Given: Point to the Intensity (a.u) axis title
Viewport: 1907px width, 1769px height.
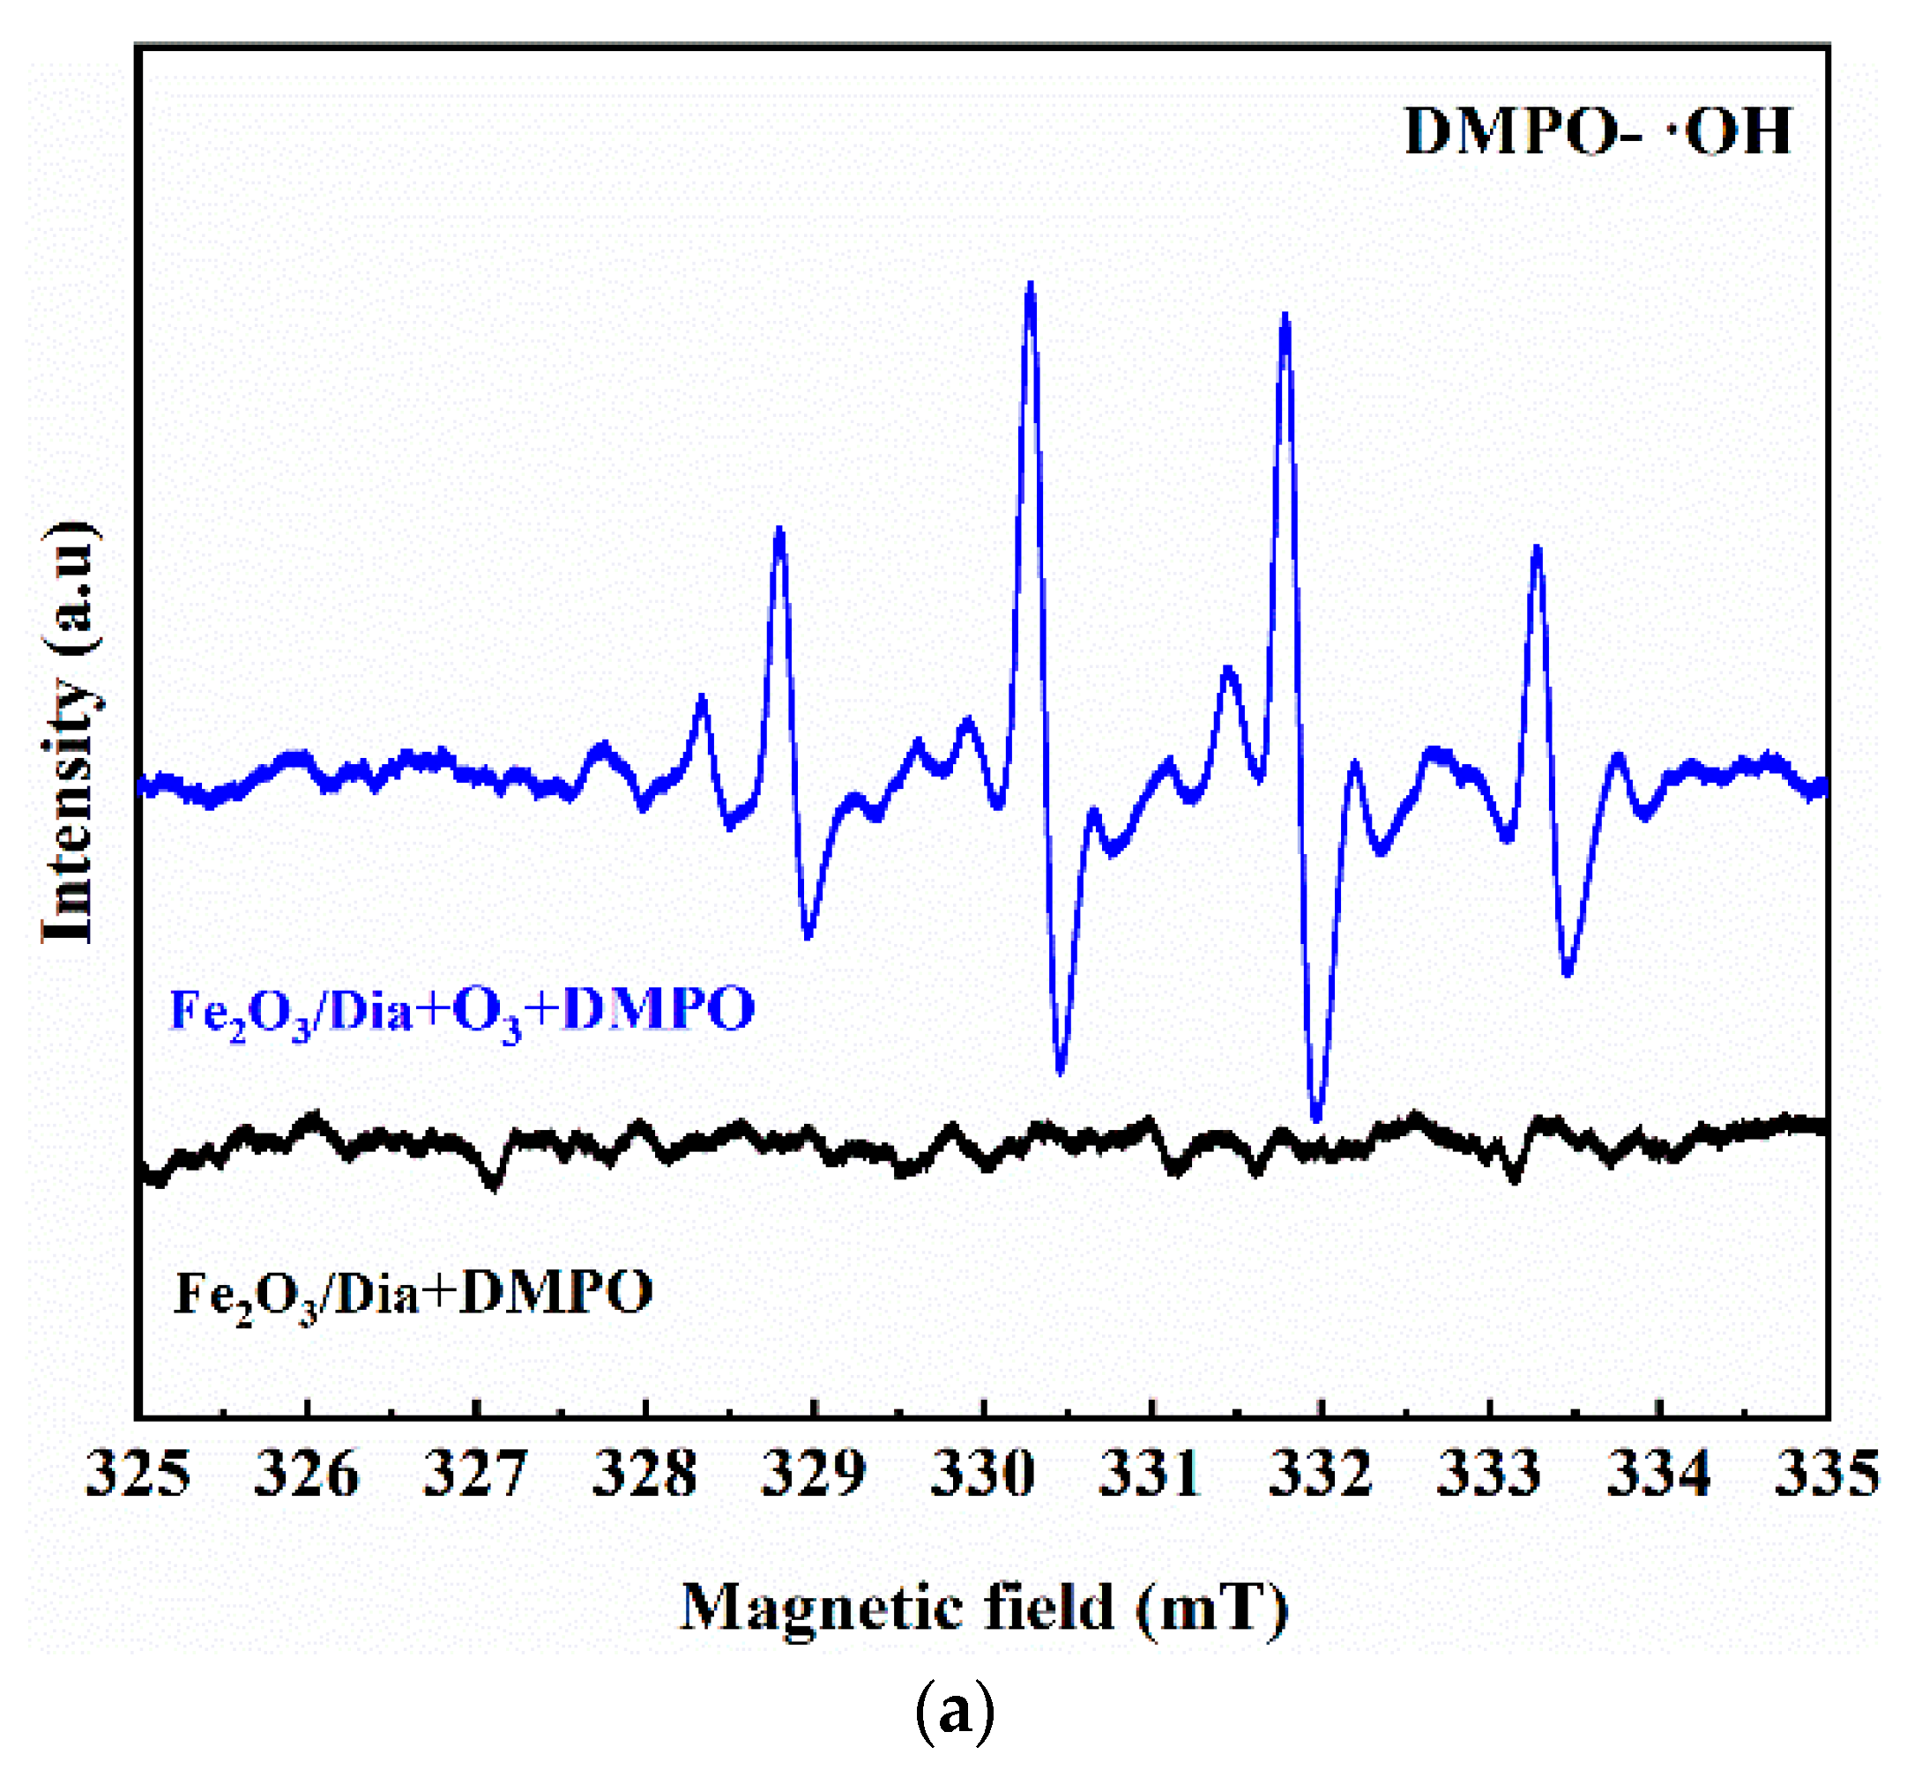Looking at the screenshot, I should pos(69,733).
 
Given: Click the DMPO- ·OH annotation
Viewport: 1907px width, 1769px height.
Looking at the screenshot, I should pos(1597,132).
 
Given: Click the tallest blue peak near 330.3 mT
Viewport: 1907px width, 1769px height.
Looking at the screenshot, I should pos(1030,287).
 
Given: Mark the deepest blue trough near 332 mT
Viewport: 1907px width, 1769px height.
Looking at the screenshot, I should pos(1317,1116).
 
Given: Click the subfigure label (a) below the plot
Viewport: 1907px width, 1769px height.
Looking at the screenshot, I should pos(955,1713).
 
